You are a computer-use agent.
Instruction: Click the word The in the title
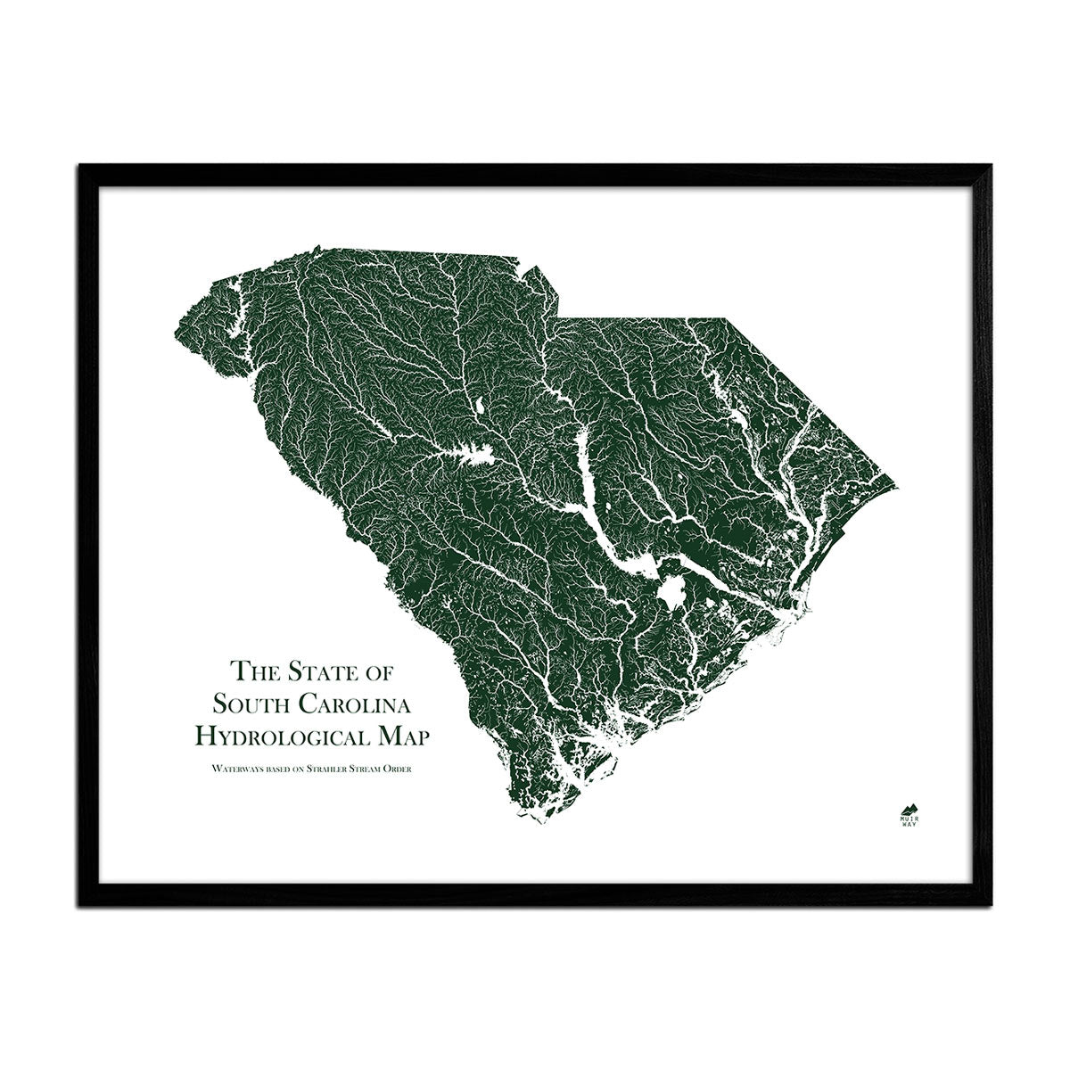[x=250, y=670]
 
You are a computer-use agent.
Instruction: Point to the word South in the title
[x=254, y=704]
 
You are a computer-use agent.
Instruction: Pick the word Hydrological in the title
[x=284, y=737]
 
